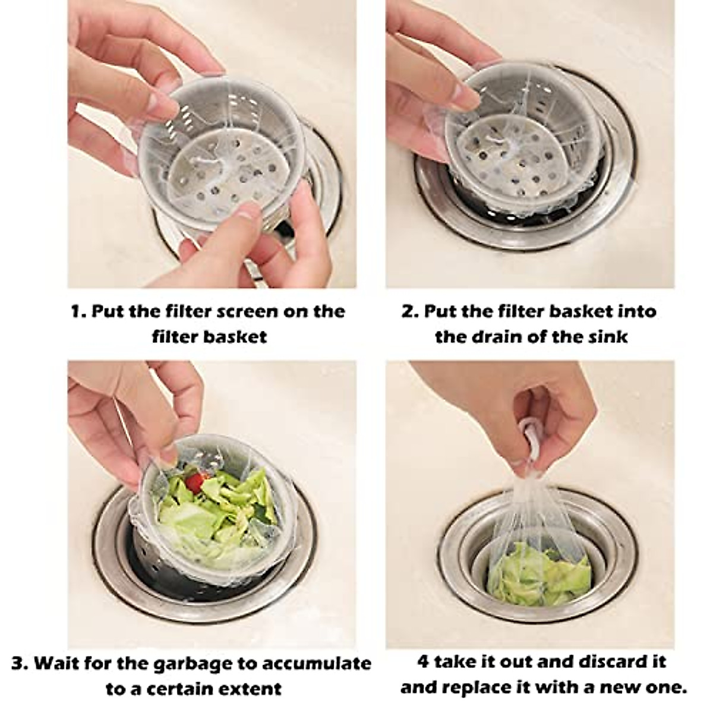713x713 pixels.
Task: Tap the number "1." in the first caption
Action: click(x=78, y=311)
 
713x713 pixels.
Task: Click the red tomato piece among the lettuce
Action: click(x=194, y=482)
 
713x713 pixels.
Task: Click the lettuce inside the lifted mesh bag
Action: click(x=540, y=572)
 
